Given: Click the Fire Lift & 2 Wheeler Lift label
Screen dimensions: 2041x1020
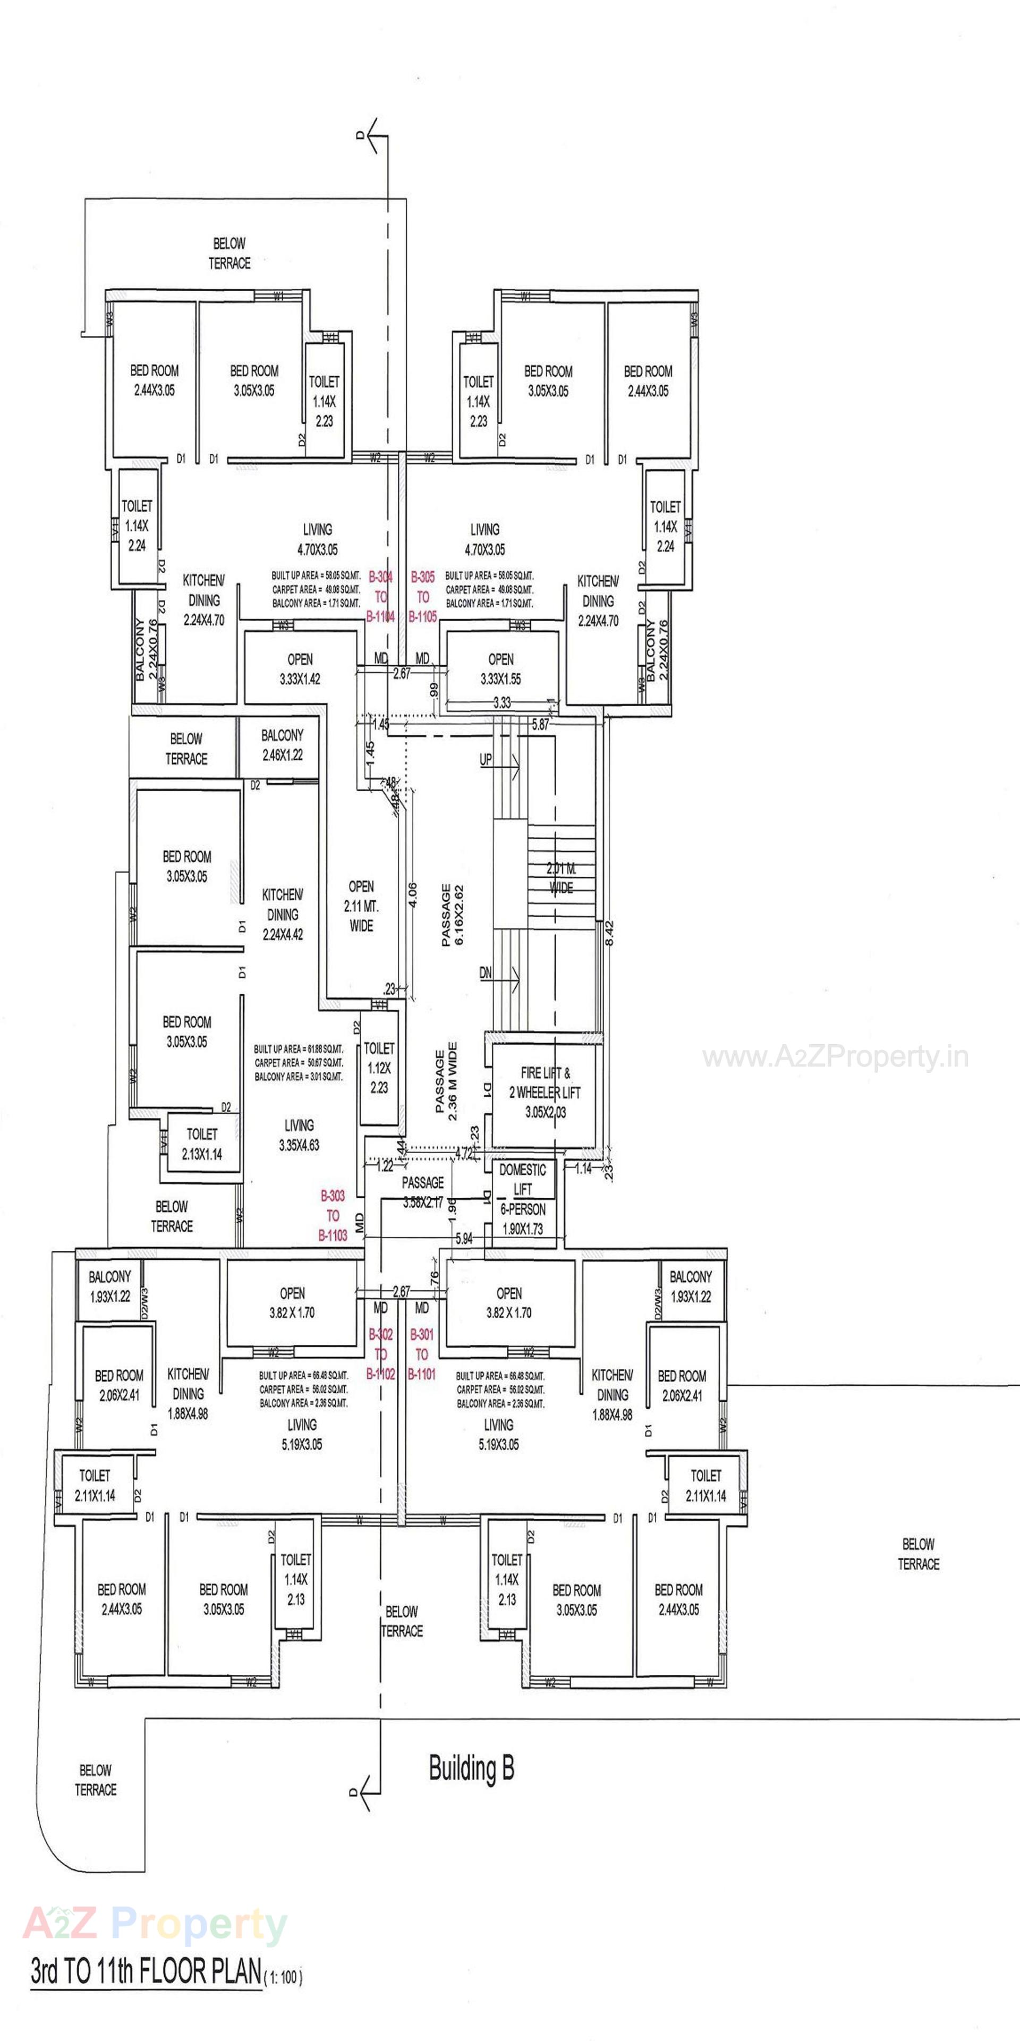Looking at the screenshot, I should [x=545, y=1093].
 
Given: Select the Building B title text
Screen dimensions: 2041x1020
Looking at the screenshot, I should [x=471, y=1768].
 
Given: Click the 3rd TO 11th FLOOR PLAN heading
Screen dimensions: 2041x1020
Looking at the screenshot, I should [x=147, y=1971].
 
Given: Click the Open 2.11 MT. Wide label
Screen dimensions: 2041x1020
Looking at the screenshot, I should [x=361, y=905].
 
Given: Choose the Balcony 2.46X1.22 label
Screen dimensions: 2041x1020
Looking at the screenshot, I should [x=282, y=746].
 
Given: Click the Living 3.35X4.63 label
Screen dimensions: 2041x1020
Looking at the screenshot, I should [x=299, y=1134].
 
